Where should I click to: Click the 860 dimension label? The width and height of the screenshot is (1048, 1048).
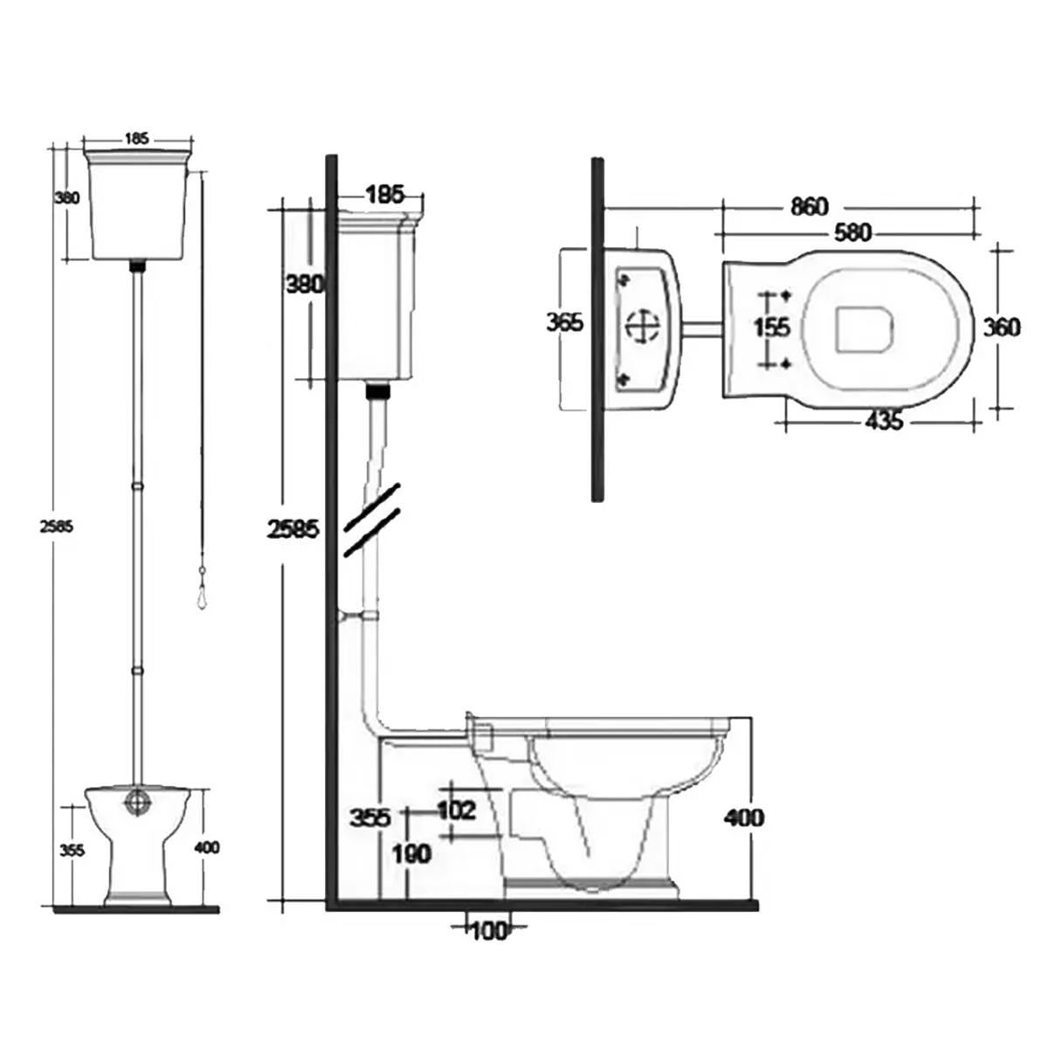tap(809, 207)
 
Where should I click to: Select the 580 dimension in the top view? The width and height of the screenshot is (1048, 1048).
tap(852, 233)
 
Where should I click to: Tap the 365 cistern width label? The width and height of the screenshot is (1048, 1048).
tap(564, 322)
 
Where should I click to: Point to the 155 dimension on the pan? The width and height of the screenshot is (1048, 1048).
tap(772, 327)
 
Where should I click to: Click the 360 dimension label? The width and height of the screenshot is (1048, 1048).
tap(1001, 327)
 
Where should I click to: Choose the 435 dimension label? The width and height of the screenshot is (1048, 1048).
tap(884, 421)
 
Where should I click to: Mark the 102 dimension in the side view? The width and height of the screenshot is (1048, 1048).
tap(456, 810)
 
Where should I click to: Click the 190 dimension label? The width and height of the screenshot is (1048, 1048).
tap(410, 853)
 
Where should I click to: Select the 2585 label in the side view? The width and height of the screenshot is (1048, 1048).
tap(293, 529)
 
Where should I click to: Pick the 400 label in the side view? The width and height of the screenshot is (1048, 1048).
tap(743, 817)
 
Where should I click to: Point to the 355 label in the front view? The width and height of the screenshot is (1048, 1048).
tap(72, 849)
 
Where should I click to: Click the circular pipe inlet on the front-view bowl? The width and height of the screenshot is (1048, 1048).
tap(137, 802)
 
